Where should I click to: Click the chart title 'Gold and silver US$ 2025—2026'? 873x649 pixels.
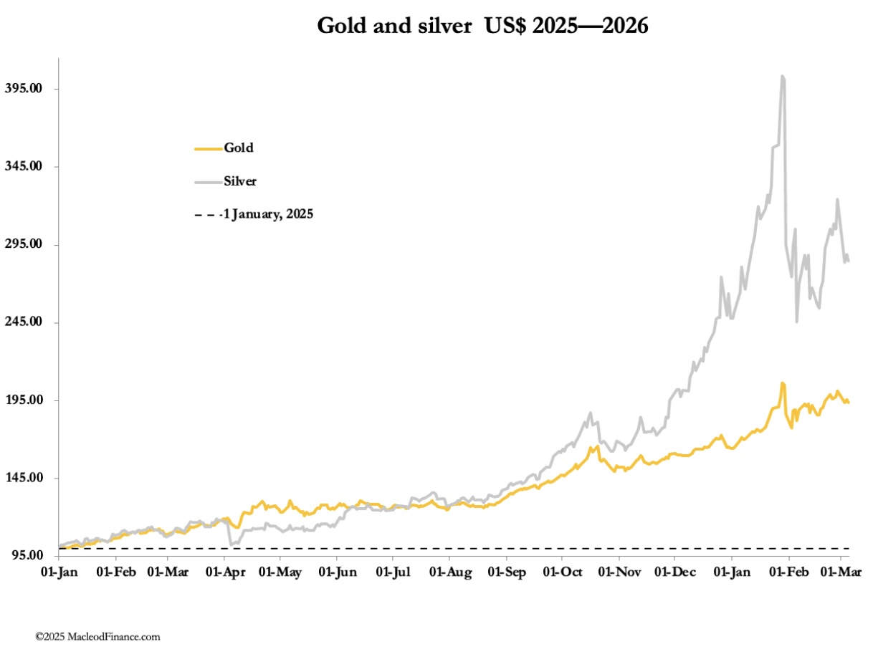[482, 27]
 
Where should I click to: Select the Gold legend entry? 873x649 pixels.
[239, 148]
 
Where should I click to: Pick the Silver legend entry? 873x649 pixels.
[240, 181]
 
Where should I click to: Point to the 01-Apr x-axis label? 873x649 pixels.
[224, 573]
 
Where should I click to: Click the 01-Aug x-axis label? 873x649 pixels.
[449, 573]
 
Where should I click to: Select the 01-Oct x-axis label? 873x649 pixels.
[562, 573]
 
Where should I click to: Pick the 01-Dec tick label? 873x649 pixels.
[674, 573]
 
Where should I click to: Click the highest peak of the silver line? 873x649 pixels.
[783, 76]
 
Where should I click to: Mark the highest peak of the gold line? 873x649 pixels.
[783, 383]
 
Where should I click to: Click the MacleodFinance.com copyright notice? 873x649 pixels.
[98, 636]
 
